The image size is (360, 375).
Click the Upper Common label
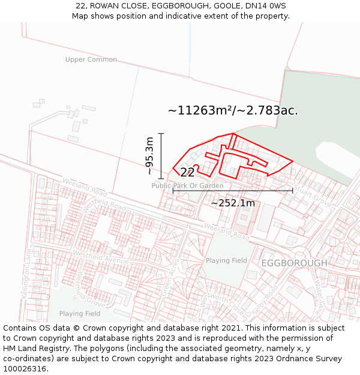pos(91,59)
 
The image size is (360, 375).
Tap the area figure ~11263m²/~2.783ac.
pos(233,110)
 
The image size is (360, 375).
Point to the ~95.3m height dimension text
pos(150,156)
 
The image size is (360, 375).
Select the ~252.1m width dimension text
pos(233,203)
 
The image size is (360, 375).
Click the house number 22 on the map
pos(187,173)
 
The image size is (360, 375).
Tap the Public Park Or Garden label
pos(187,186)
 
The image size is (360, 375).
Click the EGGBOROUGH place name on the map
pos(294,263)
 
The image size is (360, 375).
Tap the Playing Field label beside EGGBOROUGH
pos(226,260)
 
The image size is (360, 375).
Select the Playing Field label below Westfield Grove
pos(80,313)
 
